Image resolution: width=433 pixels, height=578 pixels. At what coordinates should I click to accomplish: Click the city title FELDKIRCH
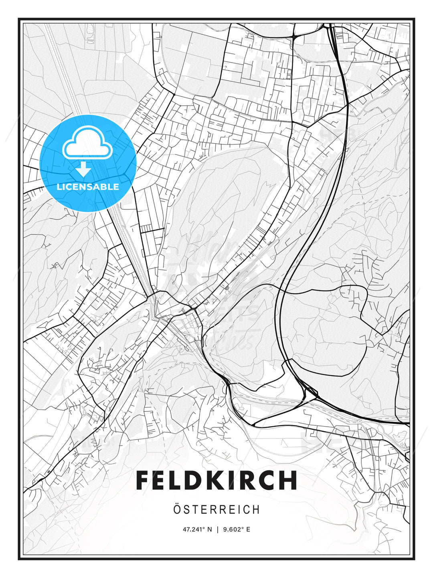(x=216, y=480)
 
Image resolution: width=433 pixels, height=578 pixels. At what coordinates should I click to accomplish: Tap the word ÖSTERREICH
(x=216, y=510)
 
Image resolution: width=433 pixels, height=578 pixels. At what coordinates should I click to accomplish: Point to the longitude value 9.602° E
(x=236, y=529)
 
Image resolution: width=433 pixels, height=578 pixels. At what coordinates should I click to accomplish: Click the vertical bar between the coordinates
(x=217, y=529)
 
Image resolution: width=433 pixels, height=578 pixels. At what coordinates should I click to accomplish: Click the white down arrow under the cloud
(x=83, y=169)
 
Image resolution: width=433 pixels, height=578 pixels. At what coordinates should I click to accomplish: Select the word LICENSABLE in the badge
(x=88, y=187)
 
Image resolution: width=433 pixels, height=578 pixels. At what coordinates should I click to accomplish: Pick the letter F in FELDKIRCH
(x=145, y=480)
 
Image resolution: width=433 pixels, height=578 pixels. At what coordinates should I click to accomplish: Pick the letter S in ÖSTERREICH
(x=187, y=510)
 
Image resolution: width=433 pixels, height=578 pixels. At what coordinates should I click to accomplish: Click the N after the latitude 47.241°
(x=209, y=529)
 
